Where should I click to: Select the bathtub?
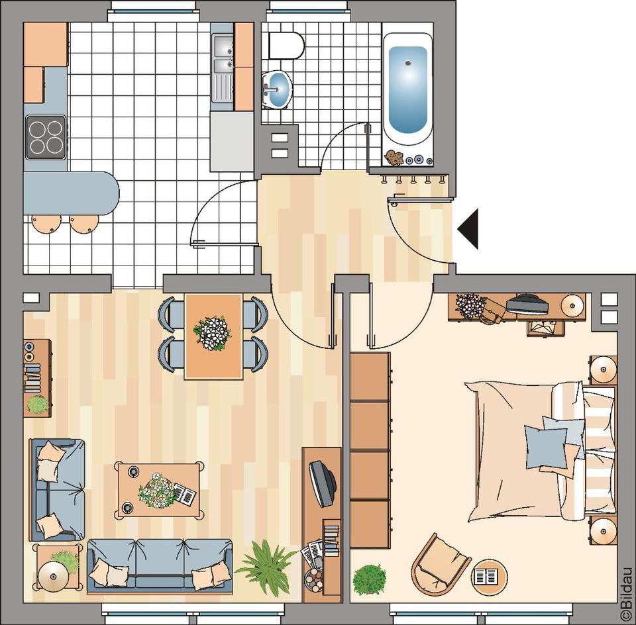[407, 89]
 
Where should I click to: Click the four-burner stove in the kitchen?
[46, 137]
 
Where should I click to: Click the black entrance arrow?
[469, 228]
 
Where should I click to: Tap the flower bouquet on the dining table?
[212, 332]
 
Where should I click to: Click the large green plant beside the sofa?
[266, 566]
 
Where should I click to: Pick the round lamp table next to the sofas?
[53, 575]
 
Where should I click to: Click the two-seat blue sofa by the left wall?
[57, 489]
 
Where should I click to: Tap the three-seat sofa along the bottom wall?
[160, 563]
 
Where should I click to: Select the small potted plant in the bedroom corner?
[369, 579]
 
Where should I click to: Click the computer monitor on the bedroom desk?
[527, 305]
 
